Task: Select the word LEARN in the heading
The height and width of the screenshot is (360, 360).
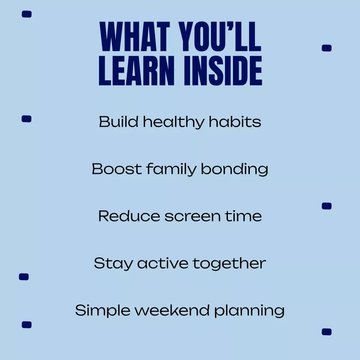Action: click(x=136, y=71)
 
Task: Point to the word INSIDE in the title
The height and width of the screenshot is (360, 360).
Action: click(x=223, y=71)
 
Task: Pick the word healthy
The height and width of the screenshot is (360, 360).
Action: click(x=174, y=122)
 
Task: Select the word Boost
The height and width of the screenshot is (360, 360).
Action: click(x=117, y=169)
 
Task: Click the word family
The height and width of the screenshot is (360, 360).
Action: click(x=171, y=170)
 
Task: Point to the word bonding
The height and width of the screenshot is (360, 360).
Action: click(x=234, y=170)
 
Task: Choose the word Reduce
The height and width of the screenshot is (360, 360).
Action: click(x=129, y=216)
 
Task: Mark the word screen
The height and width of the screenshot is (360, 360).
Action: click(x=192, y=217)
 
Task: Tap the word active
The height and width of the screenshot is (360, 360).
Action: click(x=163, y=263)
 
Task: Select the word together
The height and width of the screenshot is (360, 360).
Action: click(x=229, y=264)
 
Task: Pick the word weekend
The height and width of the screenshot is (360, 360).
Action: click(x=172, y=310)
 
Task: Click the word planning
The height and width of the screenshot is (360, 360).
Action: click(x=249, y=311)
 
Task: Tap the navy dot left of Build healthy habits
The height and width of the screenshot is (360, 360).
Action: click(x=26, y=119)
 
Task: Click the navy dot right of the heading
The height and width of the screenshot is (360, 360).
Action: click(x=327, y=48)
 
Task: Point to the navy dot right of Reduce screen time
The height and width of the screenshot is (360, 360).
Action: click(x=327, y=206)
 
